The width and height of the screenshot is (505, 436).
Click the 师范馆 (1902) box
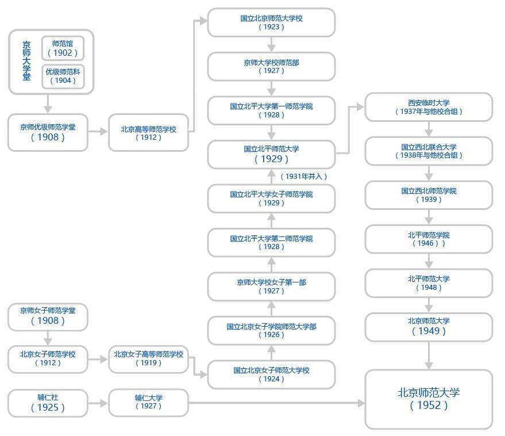pyautogui.click(x=63, y=48)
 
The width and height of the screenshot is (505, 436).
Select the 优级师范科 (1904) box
pyautogui.click(x=63, y=76)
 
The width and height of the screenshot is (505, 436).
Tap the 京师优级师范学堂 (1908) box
pyautogui.click(x=48, y=132)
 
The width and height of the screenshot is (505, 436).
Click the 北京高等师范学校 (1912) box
pyautogui.click(x=148, y=133)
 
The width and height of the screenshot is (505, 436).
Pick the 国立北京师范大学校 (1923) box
pyautogui.click(x=271, y=22)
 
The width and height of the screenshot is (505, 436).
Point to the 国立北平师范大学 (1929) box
pyautogui.click(x=271, y=154)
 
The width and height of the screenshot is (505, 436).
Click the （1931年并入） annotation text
pyautogui.click(x=303, y=177)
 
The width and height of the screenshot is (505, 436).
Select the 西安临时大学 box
pyautogui.click(x=429, y=107)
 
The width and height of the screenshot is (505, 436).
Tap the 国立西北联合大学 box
pyautogui.click(x=429, y=151)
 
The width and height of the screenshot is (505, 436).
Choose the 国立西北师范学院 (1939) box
pyautogui.click(x=429, y=195)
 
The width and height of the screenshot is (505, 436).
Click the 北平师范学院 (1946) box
pyautogui.click(x=429, y=239)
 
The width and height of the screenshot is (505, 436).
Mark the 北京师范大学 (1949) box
pyautogui.click(x=429, y=327)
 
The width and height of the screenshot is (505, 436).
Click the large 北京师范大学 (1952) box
pyautogui.click(x=429, y=399)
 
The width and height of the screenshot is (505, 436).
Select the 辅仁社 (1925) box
pyautogui.click(x=48, y=403)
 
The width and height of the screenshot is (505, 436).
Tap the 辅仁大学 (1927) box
pyautogui.click(x=148, y=403)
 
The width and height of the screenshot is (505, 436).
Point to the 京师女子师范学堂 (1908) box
pyautogui.click(x=48, y=316)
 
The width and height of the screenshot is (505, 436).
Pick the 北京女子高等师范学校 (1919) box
pyautogui.click(x=148, y=358)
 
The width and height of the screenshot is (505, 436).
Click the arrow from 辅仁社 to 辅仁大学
pyautogui.click(x=98, y=403)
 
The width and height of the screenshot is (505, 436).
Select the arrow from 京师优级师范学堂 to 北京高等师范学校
pyautogui.click(x=98, y=132)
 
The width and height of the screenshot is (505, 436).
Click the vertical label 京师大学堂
pyautogui.click(x=26, y=60)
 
